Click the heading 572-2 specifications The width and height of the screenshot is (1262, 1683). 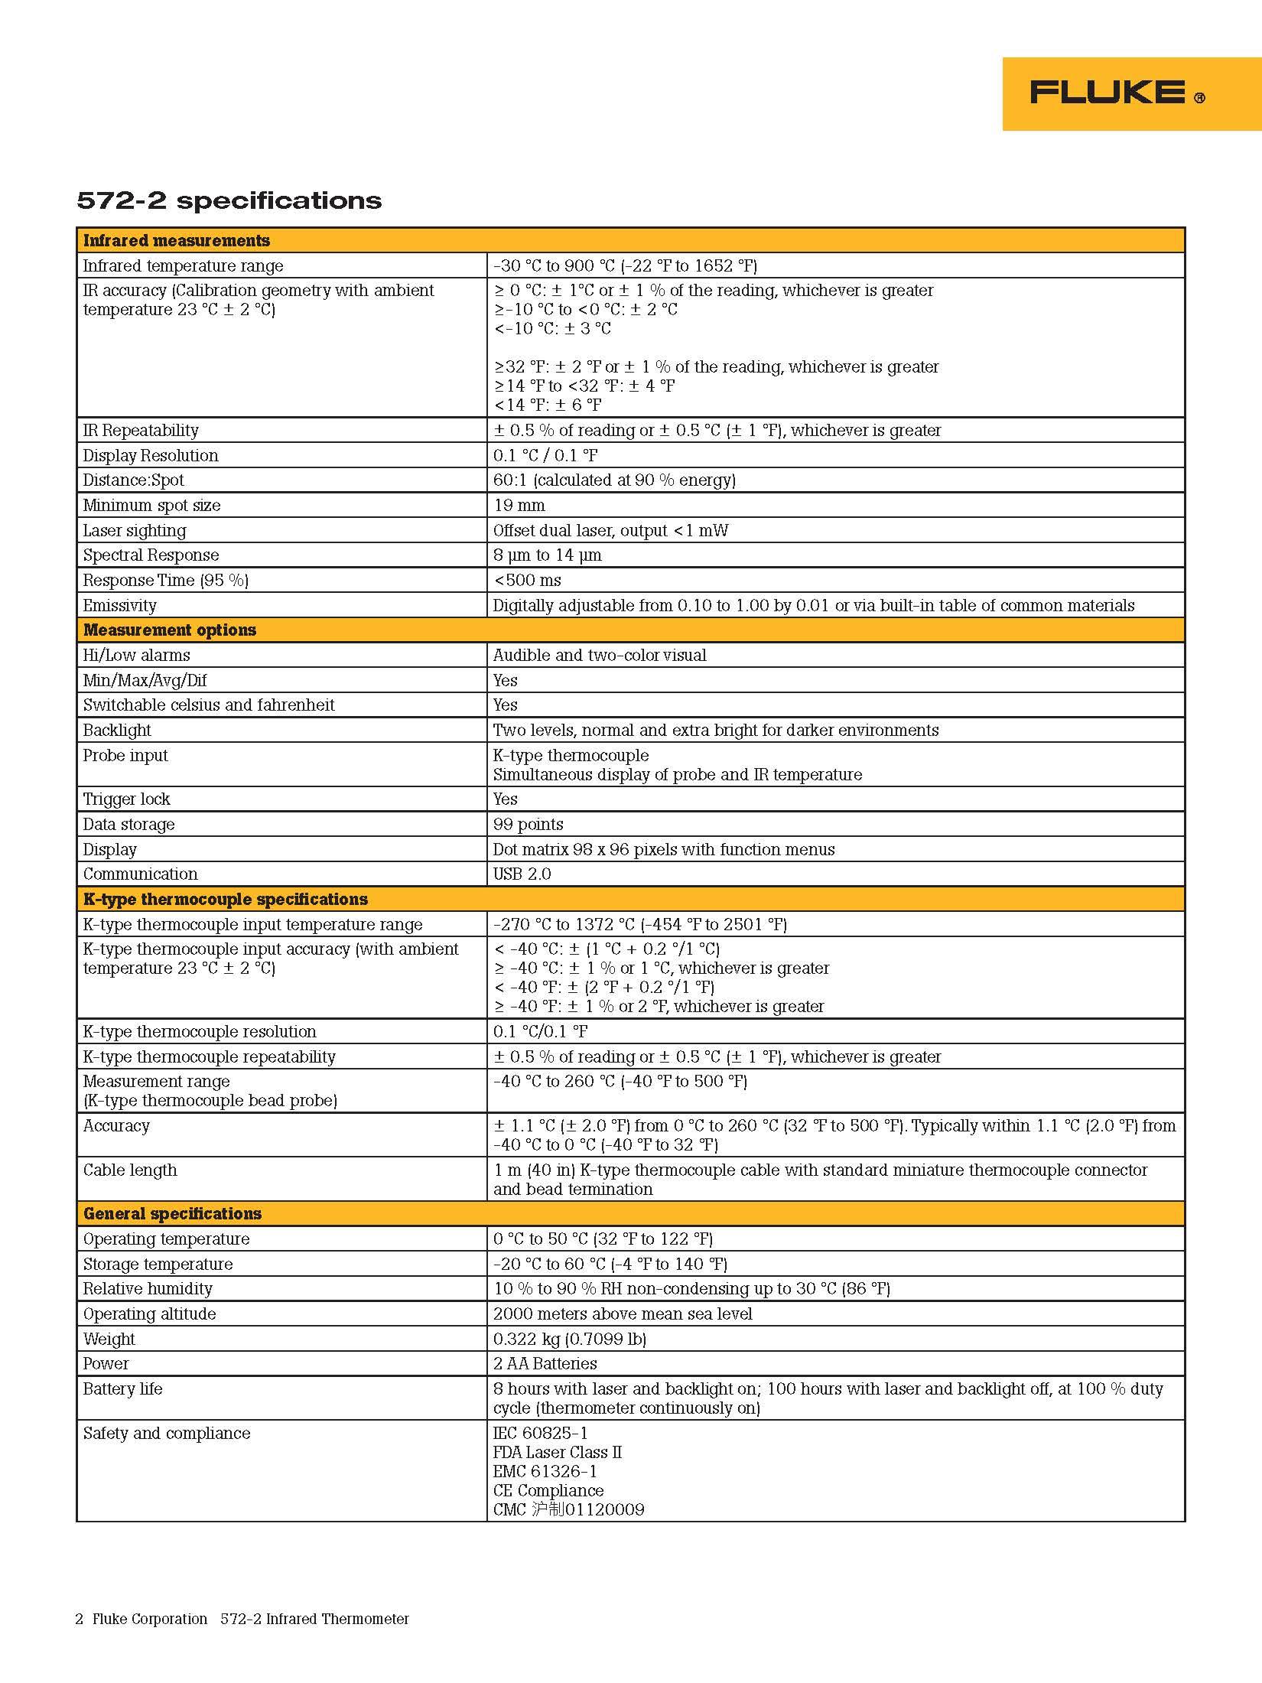pyautogui.click(x=229, y=200)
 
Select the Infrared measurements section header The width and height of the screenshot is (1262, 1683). pyautogui.click(x=177, y=241)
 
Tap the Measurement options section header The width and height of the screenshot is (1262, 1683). pyautogui.click(x=170, y=630)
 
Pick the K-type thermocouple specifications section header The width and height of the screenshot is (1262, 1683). pyautogui.click(x=226, y=900)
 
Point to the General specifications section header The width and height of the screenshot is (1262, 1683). pyautogui.click(x=172, y=1214)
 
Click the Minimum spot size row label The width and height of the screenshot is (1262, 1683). pyautogui.click(x=151, y=506)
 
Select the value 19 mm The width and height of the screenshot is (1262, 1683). pyautogui.click(x=519, y=506)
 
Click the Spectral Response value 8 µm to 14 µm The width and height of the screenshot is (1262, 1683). pyautogui.click(x=548, y=555)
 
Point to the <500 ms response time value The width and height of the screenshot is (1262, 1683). pyautogui.click(x=528, y=581)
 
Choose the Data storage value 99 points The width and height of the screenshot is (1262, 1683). pyautogui.click(x=529, y=825)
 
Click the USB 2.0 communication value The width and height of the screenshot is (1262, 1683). pyautogui.click(x=522, y=874)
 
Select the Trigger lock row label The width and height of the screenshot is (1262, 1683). pyautogui.click(x=127, y=799)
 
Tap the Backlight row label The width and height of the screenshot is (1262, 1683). pyautogui.click(x=117, y=731)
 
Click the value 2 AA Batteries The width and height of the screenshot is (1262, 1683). pyautogui.click(x=545, y=1364)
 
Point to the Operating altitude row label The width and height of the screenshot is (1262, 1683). pyautogui.click(x=150, y=1314)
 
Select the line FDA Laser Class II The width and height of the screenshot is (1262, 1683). pyautogui.click(x=558, y=1453)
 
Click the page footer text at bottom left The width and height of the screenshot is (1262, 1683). pyautogui.click(x=242, y=1619)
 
